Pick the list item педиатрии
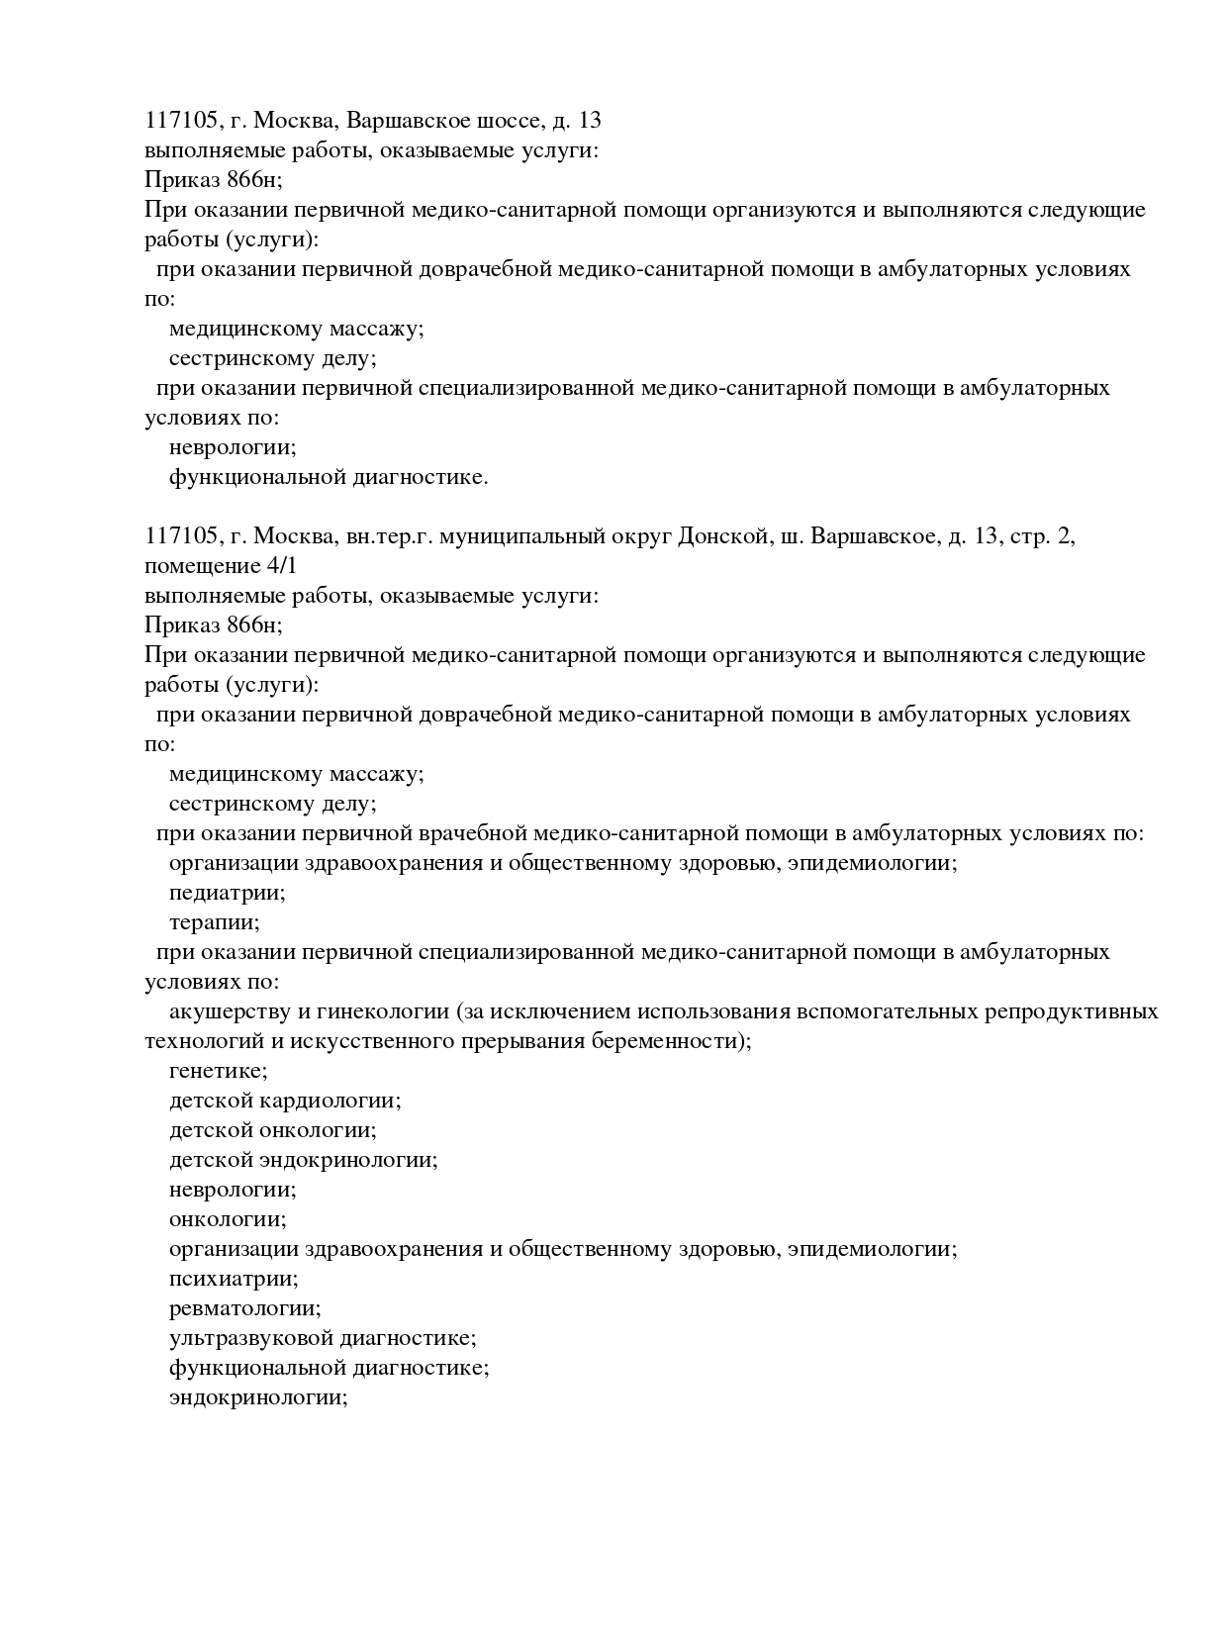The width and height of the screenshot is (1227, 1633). point(228,894)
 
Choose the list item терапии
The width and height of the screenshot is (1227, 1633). point(215,923)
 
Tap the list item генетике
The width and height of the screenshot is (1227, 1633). point(219,1072)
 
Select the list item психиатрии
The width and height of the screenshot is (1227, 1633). point(234,1280)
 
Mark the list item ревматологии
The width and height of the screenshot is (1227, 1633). point(245,1309)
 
